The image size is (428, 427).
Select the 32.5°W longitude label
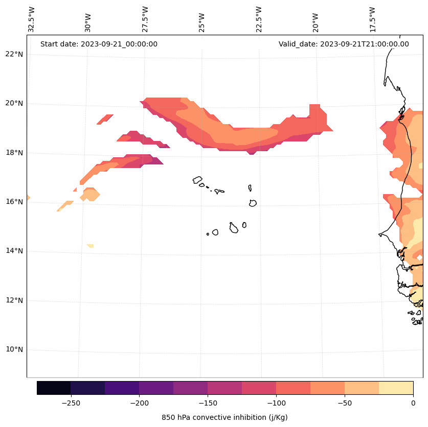pyautogui.click(x=32, y=19)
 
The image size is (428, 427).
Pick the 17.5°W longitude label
pyautogui.click(x=372, y=19)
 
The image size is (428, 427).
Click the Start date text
pyautogui.click(x=99, y=44)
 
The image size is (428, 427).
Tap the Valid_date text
pyautogui.click(x=344, y=44)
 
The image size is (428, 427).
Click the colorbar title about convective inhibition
pyautogui.click(x=224, y=417)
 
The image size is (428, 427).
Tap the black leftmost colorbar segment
pyautogui.click(x=54, y=388)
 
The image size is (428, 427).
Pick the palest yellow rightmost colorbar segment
pyautogui.click(x=396, y=388)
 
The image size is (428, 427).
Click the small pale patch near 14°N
pyautogui.click(x=91, y=246)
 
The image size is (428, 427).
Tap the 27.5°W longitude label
pyautogui.click(x=145, y=19)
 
